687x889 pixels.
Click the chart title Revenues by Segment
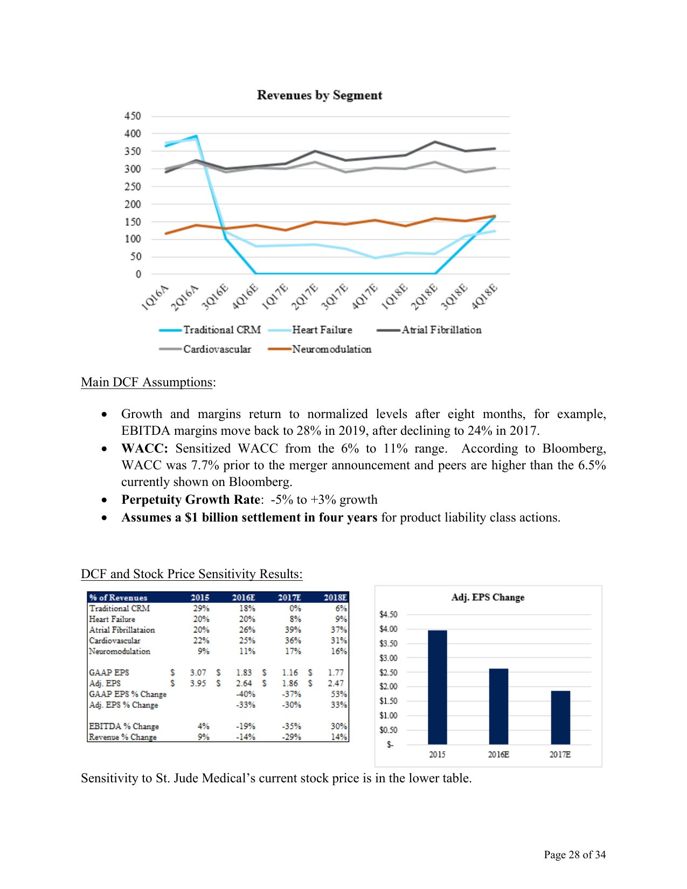320,95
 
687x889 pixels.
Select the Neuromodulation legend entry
331,349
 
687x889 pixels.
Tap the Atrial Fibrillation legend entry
441,330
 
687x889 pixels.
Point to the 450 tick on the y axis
133,116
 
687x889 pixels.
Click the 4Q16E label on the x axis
245,297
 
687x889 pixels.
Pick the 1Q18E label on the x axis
394,297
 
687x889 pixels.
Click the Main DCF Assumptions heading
147,382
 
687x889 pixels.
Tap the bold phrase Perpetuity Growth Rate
191,499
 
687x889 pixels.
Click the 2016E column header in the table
244,598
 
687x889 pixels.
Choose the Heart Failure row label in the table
112,619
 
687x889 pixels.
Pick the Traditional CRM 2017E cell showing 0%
295,608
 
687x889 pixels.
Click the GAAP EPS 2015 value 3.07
198,672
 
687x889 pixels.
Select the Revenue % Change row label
123,737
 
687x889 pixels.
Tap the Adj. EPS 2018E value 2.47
336,683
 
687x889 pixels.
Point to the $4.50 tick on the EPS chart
388,614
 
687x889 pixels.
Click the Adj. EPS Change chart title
488,598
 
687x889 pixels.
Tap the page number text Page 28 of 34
574,855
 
